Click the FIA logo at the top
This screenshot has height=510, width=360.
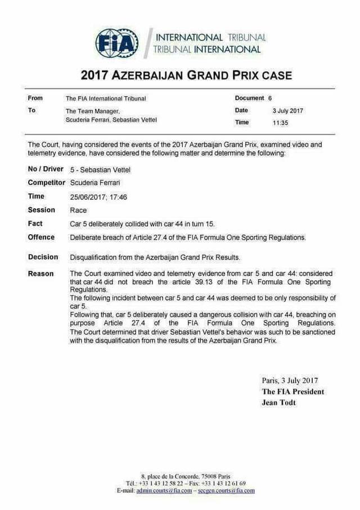click(117, 43)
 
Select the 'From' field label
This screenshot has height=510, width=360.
click(35, 98)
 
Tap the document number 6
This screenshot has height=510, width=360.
click(270, 98)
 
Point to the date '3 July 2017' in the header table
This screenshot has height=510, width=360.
click(287, 110)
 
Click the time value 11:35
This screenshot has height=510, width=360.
click(280, 122)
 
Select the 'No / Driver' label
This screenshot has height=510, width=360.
click(46, 169)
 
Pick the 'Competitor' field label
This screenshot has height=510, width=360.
click(47, 183)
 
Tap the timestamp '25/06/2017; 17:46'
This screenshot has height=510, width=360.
click(98, 196)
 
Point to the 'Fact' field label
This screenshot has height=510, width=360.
click(35, 223)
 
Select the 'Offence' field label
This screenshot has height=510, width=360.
click(42, 237)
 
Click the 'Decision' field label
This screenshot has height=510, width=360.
click(43, 257)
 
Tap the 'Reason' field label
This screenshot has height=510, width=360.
click(41, 274)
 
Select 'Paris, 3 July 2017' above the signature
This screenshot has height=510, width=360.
click(290, 381)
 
